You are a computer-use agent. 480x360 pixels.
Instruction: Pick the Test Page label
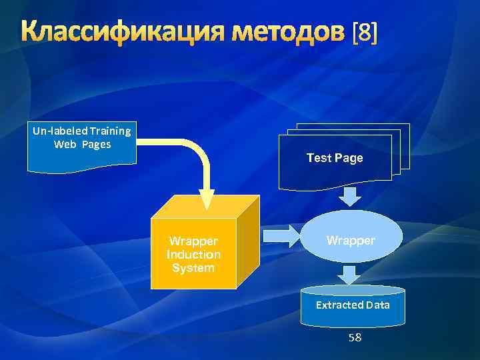coord(335,158)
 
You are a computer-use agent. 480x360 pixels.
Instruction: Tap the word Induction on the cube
coord(193,255)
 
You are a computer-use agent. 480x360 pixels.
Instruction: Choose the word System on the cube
coord(193,268)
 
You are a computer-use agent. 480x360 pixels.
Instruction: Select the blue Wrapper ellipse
coord(351,240)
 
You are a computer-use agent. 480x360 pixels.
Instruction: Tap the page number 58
coord(355,337)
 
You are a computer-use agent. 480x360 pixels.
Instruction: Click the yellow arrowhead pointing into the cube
coord(207,198)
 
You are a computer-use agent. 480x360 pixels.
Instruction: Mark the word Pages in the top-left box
coord(97,144)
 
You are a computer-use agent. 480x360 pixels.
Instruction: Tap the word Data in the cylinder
coord(377,305)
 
